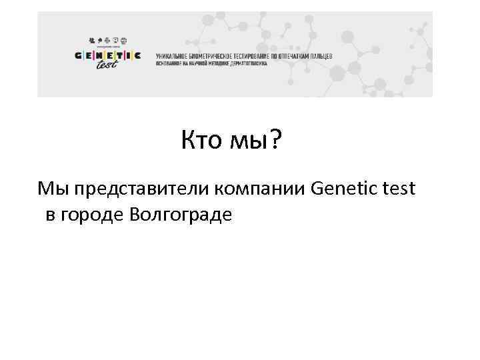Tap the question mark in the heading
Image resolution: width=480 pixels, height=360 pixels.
[x=275, y=141]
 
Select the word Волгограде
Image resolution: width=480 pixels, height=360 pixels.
[x=182, y=215]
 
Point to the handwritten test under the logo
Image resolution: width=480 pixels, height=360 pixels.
[x=106, y=65]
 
